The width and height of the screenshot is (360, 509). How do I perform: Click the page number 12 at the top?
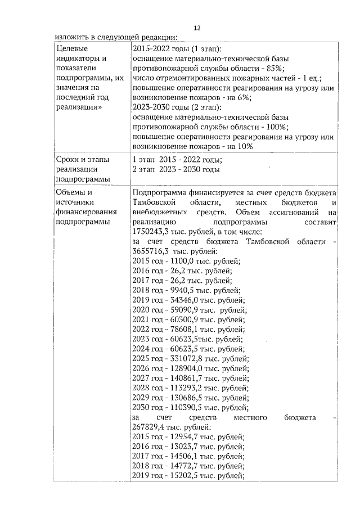tap(197, 27)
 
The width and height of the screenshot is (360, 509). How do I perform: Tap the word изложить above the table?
tap(73, 38)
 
